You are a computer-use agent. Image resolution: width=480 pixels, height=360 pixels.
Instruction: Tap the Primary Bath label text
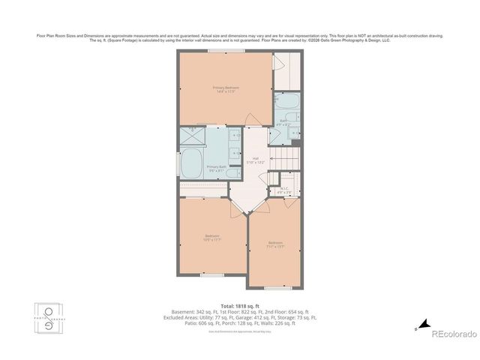[x=217, y=168]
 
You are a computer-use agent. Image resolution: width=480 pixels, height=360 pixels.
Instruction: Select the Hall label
[x=255, y=160]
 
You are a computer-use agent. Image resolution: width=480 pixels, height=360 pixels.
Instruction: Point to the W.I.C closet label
[x=284, y=191]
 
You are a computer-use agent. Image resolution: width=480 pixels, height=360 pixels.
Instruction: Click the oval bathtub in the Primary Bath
[x=191, y=163]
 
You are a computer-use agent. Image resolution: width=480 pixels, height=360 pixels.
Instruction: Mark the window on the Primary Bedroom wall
[x=225, y=51]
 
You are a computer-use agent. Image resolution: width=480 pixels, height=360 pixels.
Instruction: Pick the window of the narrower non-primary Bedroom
[x=276, y=287]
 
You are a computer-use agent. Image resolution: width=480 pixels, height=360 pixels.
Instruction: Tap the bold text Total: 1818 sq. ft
[x=239, y=306]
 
